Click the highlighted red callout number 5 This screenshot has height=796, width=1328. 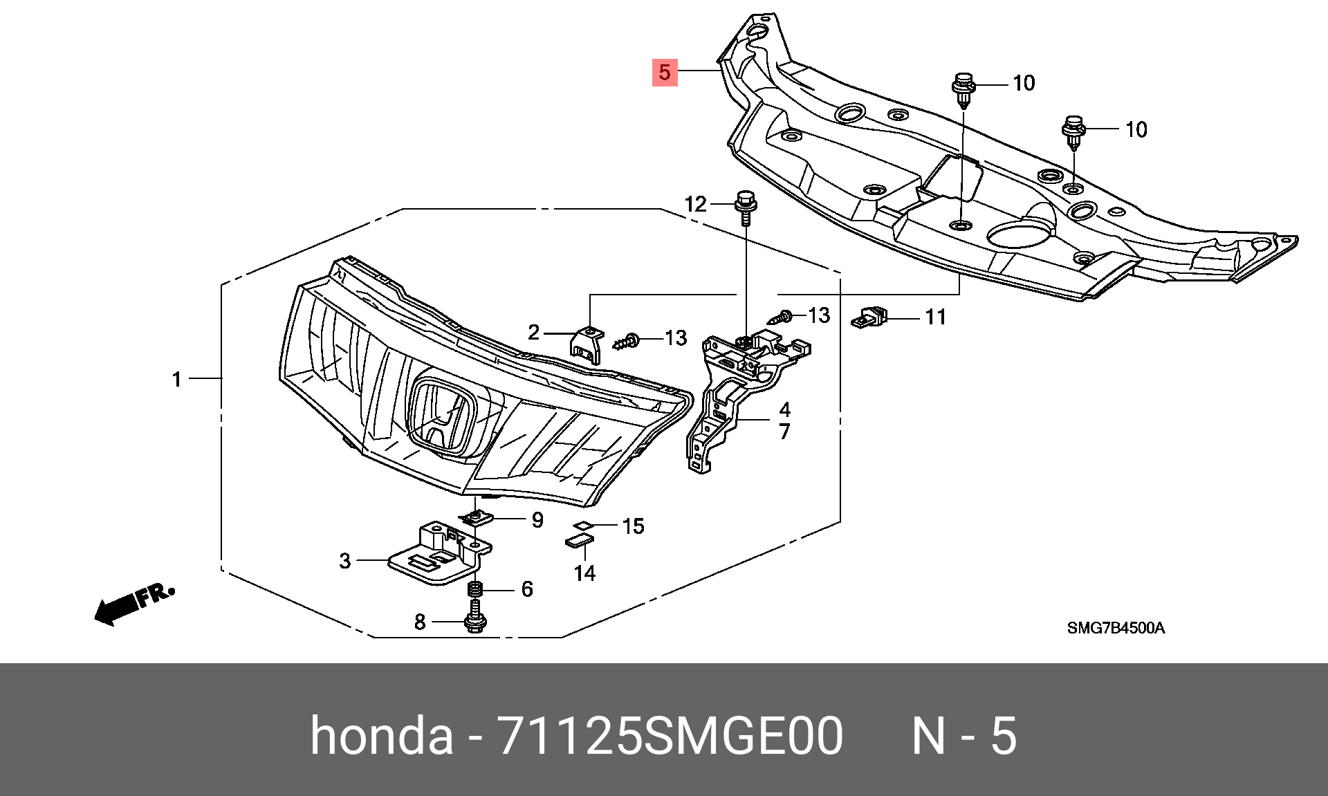click(x=665, y=72)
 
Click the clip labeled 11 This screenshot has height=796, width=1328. click(x=869, y=317)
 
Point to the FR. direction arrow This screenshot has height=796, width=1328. click(x=134, y=604)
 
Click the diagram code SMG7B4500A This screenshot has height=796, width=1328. click(x=1116, y=628)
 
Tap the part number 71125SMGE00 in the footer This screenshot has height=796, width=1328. click(x=670, y=735)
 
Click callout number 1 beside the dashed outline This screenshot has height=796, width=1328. click(x=177, y=379)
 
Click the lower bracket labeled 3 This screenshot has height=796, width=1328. click(x=440, y=553)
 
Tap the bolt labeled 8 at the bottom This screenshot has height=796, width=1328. click(x=475, y=615)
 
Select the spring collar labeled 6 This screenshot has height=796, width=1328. click(x=475, y=589)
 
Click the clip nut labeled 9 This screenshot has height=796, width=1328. click(x=476, y=517)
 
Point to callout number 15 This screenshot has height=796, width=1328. click(x=633, y=526)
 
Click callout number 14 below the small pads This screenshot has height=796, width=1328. click(x=584, y=573)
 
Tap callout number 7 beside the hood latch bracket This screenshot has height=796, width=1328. click(x=784, y=432)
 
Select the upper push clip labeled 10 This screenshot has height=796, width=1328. click(x=963, y=90)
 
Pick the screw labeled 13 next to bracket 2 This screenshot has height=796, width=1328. click(x=627, y=341)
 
